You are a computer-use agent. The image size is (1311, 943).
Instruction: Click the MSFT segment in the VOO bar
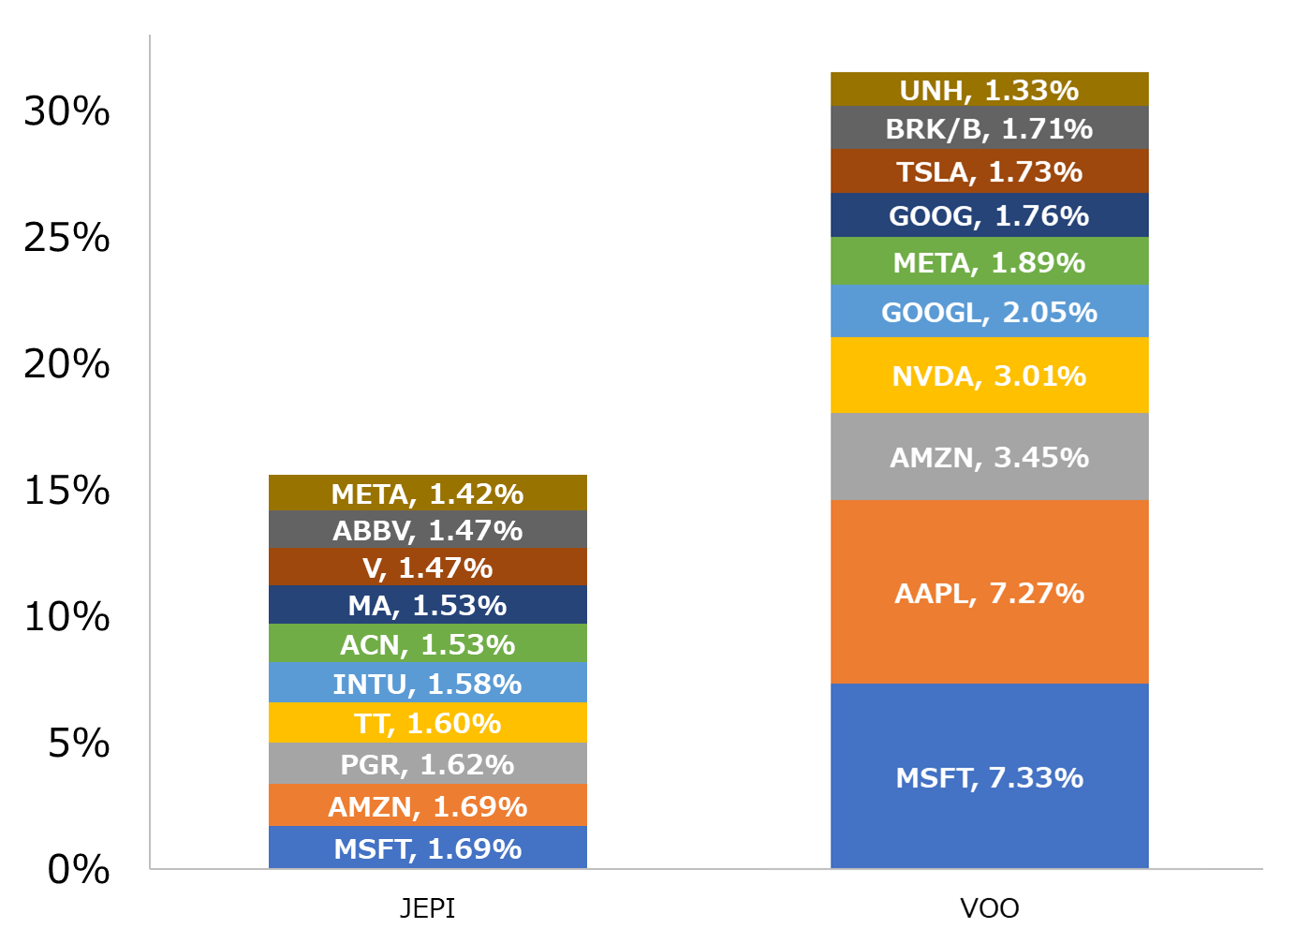(989, 776)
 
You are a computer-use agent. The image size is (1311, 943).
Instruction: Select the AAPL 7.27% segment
(989, 592)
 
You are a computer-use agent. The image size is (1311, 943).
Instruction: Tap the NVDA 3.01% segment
(989, 376)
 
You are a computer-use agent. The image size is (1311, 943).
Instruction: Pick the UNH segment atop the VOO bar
(989, 90)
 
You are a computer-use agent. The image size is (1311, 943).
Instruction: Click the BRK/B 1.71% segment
(989, 128)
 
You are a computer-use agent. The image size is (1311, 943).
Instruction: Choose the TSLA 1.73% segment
(989, 171)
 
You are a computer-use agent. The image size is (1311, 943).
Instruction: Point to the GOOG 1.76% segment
(989, 215)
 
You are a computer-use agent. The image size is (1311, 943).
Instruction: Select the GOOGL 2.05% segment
(989, 311)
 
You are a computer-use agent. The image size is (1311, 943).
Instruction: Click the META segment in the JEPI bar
(427, 494)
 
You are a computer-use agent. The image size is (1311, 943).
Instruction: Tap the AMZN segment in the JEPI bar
(427, 805)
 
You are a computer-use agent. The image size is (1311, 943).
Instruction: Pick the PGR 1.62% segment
(427, 764)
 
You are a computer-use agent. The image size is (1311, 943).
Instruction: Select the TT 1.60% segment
(427, 723)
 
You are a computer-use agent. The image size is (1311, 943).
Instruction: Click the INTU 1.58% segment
(427, 684)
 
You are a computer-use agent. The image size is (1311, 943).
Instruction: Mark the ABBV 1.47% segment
(427, 530)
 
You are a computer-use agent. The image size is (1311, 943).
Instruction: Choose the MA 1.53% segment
(427, 605)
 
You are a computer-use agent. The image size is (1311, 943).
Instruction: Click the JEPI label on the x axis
(427, 907)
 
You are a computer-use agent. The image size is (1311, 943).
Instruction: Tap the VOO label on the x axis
(989, 907)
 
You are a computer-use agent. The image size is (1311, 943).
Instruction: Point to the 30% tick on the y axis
(66, 111)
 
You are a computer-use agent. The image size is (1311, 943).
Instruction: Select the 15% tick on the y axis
(66, 491)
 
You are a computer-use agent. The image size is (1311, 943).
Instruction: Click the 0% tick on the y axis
(79, 870)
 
